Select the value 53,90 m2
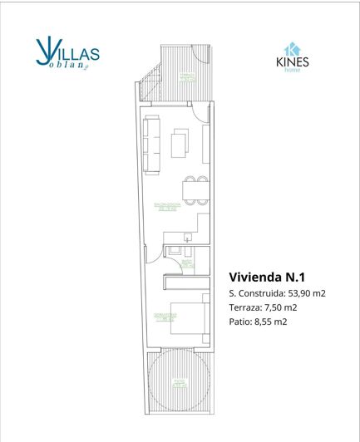click(x=307, y=293)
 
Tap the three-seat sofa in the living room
click(x=152, y=145)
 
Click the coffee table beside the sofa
click(x=179, y=145)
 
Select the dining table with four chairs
click(x=192, y=190)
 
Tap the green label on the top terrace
click(x=184, y=76)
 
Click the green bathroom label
click(x=186, y=264)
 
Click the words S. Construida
click(x=254, y=293)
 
